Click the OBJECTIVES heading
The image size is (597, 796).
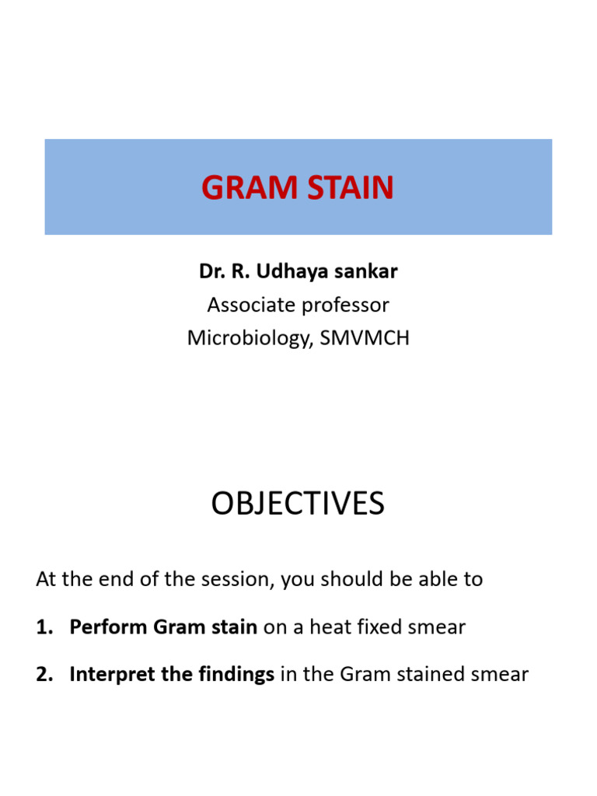(x=298, y=504)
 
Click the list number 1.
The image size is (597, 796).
(x=44, y=627)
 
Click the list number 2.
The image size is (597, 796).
(x=44, y=674)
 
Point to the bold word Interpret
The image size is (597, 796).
(x=106, y=674)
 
